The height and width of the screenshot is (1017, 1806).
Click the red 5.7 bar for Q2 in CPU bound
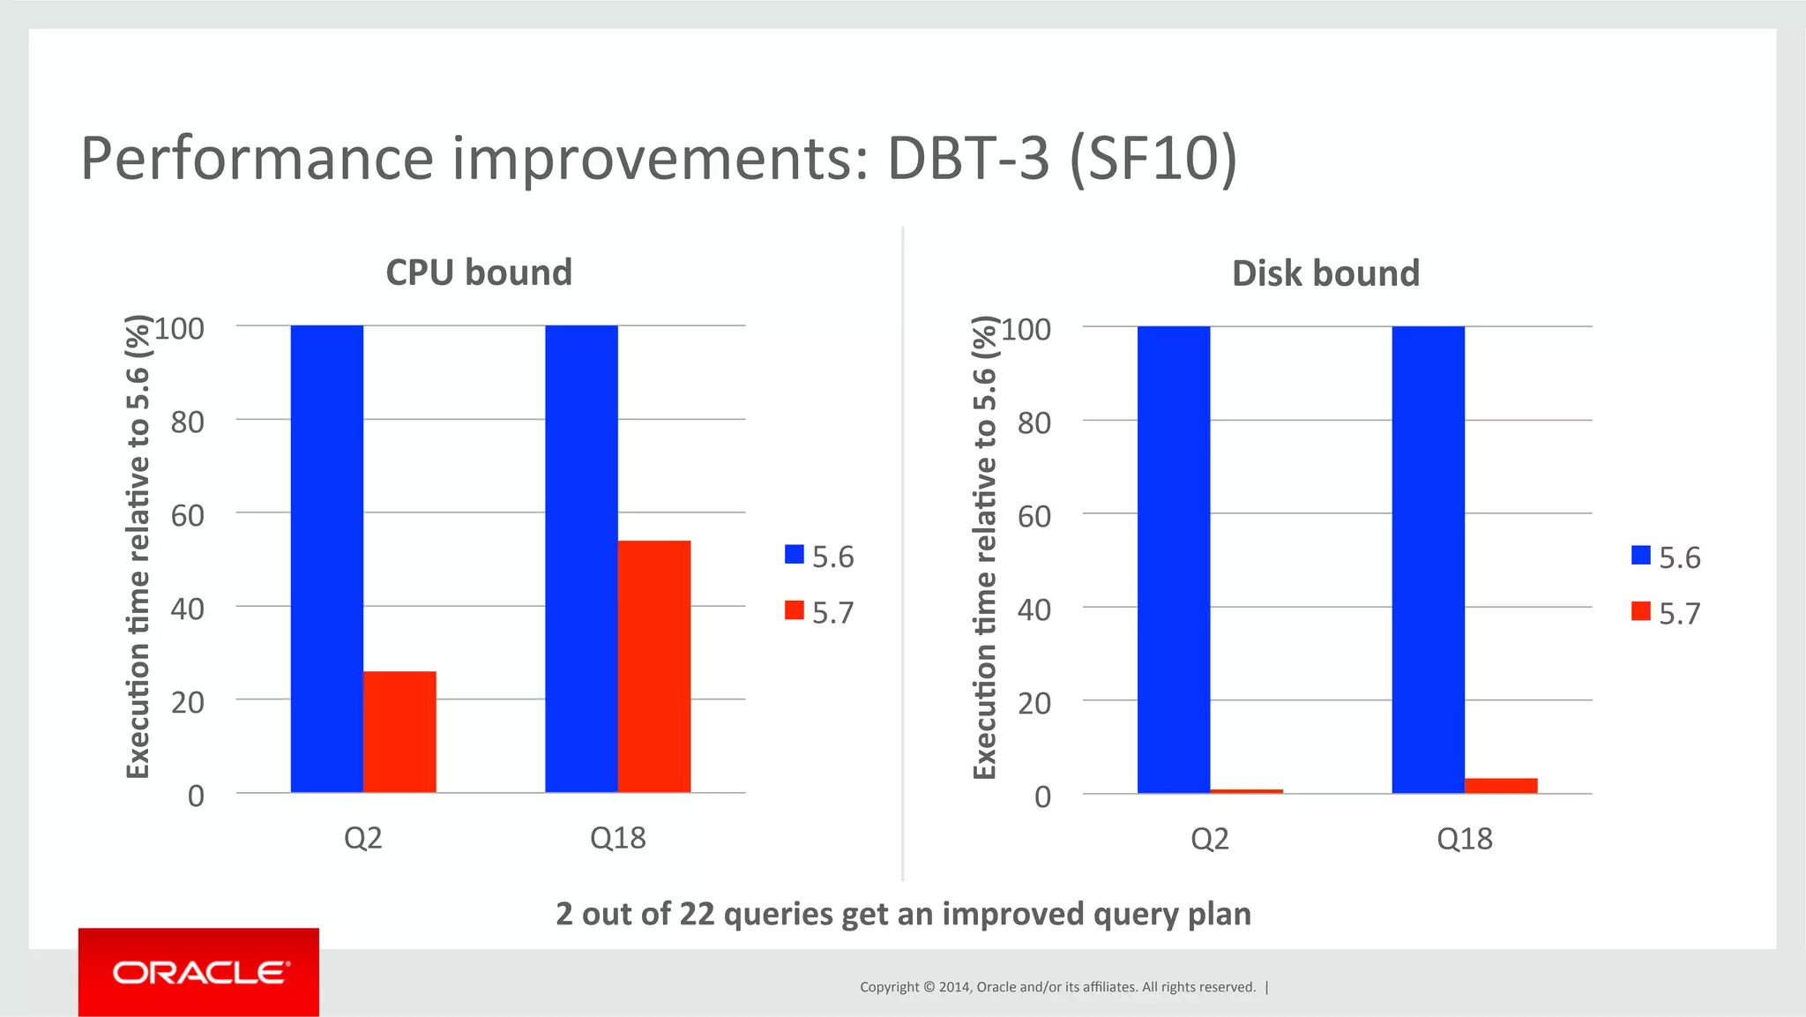coord(399,732)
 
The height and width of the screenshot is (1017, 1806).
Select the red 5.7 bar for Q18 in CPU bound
coord(653,666)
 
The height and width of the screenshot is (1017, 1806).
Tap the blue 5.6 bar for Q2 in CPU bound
coord(326,558)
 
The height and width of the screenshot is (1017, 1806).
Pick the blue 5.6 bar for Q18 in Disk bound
coord(1428,559)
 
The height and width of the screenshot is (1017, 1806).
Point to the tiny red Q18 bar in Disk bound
coord(1501,785)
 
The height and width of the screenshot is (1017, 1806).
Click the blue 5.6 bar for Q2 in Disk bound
coord(1173,559)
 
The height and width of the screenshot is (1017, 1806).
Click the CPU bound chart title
coord(479,273)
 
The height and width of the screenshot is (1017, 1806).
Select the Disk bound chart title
coord(1325,273)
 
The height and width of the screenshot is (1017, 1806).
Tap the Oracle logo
coord(199,972)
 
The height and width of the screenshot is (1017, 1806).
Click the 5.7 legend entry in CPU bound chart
coord(820,611)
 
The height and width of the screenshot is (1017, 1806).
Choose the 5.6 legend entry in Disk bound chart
coord(1667,557)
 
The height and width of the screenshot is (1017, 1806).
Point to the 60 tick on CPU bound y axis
coord(187,515)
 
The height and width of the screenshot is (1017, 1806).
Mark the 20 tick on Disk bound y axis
coord(1034,703)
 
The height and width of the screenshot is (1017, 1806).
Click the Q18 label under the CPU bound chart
coord(617,837)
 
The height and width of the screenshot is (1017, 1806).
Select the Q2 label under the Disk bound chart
coord(1209,838)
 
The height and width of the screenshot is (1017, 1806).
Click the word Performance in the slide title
coord(257,159)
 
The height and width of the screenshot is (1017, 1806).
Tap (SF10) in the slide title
coord(1153,159)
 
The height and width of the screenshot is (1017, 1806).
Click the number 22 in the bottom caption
coord(697,914)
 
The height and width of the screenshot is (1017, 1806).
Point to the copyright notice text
coord(1057,987)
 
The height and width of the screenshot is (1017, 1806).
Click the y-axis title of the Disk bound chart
coord(984,547)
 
